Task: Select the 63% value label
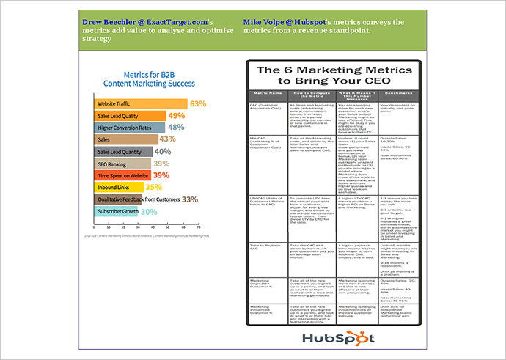(x=198, y=104)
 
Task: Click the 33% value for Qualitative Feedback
(x=190, y=199)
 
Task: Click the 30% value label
(x=149, y=211)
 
